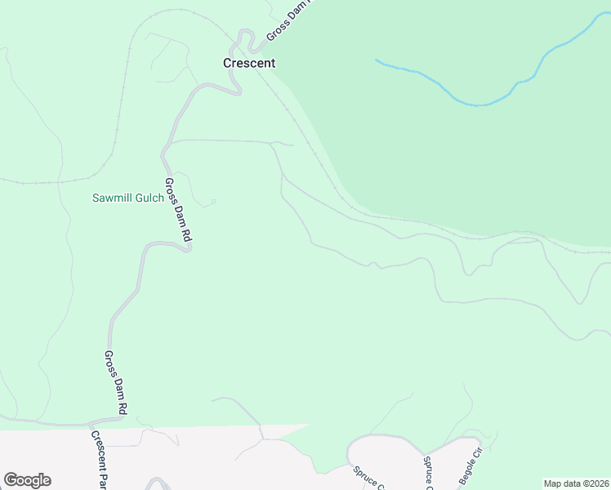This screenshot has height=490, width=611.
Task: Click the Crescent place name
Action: tap(250, 63)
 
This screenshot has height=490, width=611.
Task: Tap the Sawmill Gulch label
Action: tap(127, 198)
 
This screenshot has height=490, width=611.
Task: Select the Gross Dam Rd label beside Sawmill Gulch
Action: tap(177, 209)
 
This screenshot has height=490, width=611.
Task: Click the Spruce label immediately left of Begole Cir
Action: tap(427, 472)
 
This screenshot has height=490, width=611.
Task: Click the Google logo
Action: tap(27, 480)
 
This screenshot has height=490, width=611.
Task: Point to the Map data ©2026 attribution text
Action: tap(577, 483)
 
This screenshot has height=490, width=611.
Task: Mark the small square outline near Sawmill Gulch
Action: tap(213, 201)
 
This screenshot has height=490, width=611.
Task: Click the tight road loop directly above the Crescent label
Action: tap(243, 37)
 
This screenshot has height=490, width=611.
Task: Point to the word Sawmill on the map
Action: tap(111, 198)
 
